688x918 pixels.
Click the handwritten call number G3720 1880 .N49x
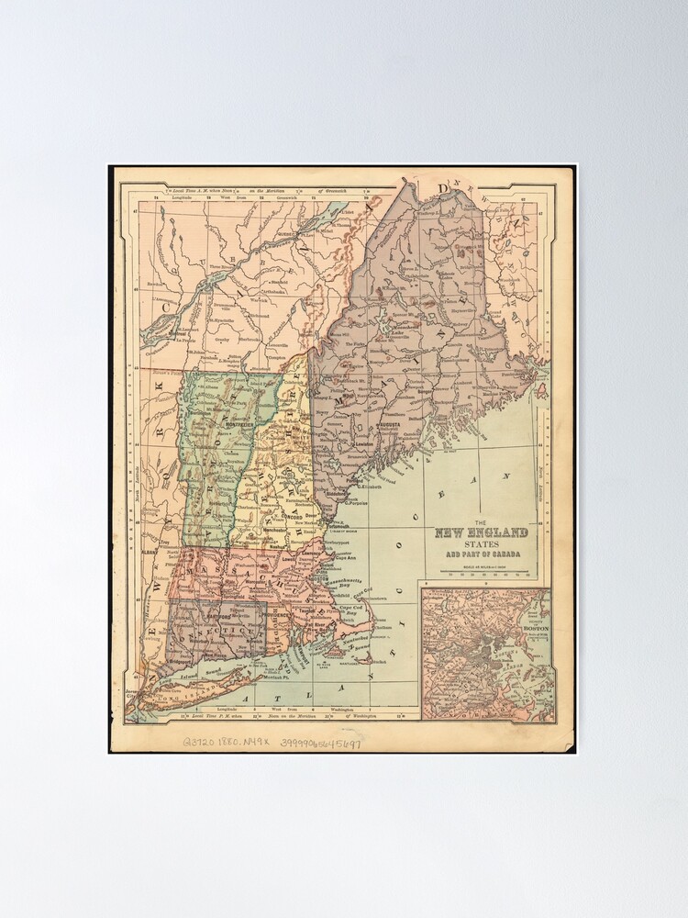(224, 743)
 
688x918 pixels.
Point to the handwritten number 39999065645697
(320, 743)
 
